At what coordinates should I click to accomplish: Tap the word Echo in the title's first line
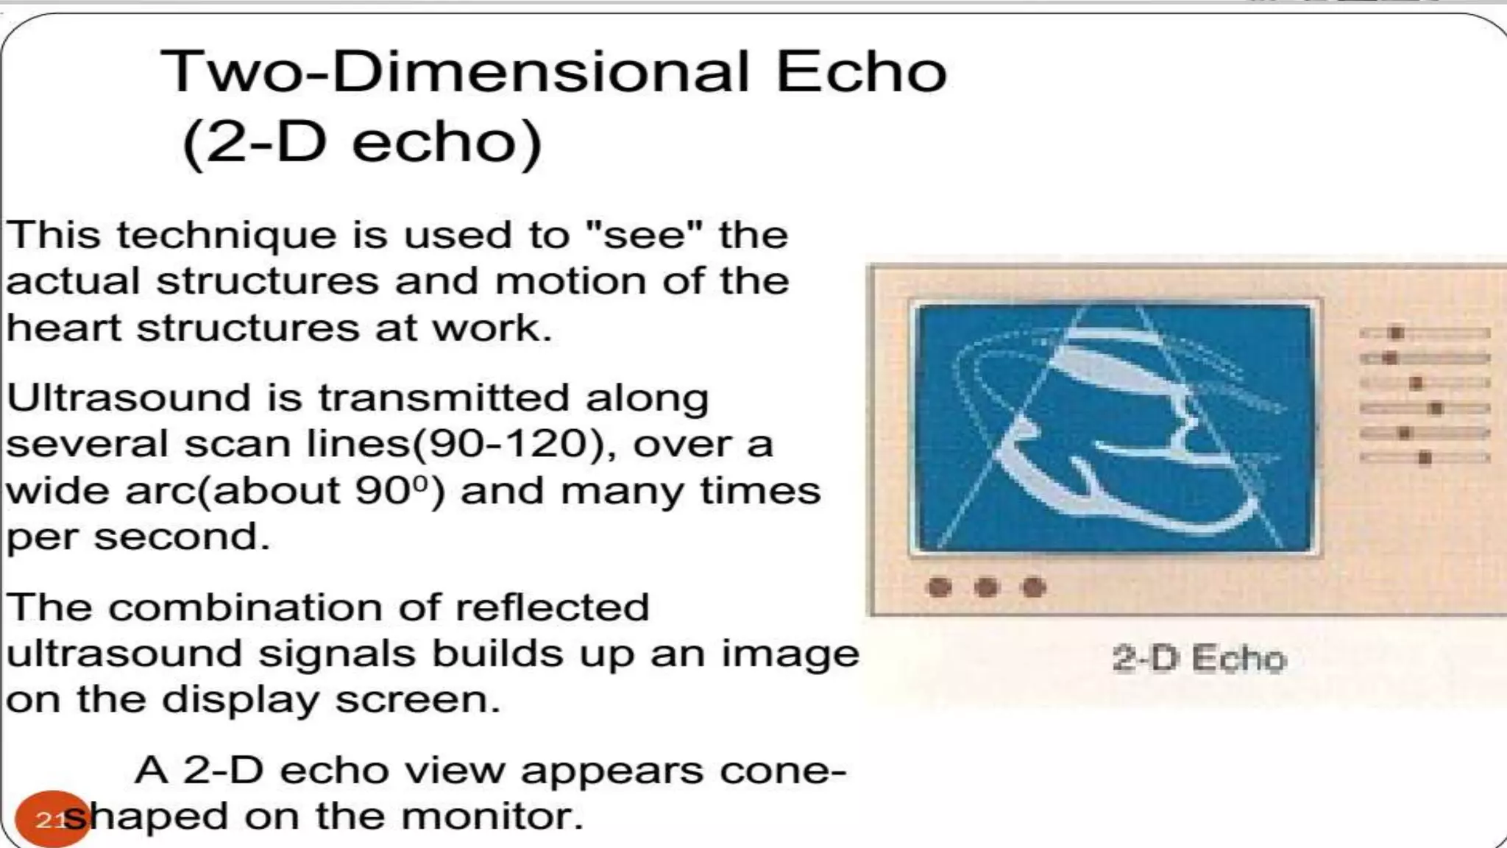[x=861, y=72]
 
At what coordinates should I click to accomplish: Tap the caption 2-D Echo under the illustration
[x=1199, y=658]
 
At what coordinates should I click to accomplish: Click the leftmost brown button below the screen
[x=939, y=587]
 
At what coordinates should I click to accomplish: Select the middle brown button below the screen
[x=986, y=587]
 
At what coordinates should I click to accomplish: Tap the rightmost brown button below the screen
[x=1034, y=587]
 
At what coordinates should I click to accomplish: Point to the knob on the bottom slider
[x=1425, y=459]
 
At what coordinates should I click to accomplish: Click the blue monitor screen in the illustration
[x=1116, y=427]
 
